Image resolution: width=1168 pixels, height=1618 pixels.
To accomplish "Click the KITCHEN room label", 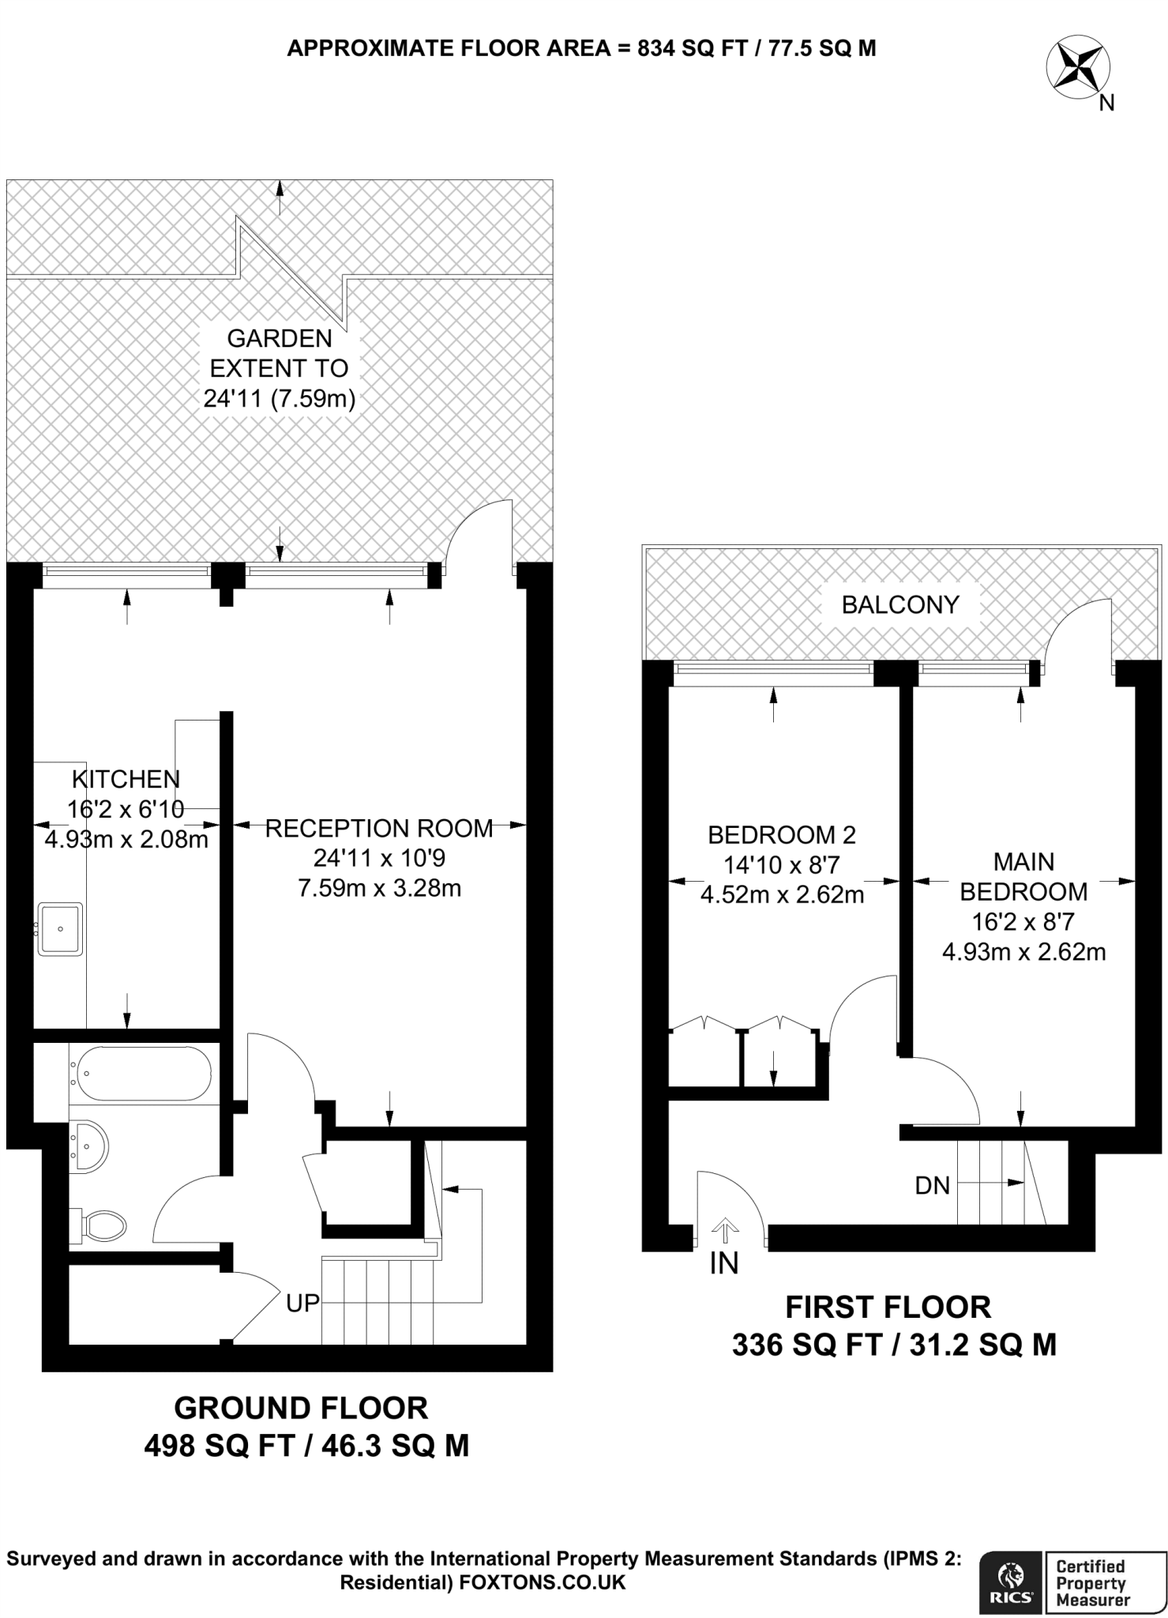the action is pyautogui.click(x=126, y=779).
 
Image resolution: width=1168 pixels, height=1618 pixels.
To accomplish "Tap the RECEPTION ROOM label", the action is pyautogui.click(x=379, y=828).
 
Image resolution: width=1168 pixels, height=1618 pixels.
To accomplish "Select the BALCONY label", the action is pyautogui.click(x=900, y=604).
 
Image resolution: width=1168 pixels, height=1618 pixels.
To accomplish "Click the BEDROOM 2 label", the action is pyautogui.click(x=782, y=834).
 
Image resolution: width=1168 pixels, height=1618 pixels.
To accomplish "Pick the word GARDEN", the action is pyautogui.click(x=280, y=338).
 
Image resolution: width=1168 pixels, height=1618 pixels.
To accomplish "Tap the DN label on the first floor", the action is pyautogui.click(x=932, y=1185).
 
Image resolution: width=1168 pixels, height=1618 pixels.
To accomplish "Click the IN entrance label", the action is pyautogui.click(x=724, y=1265).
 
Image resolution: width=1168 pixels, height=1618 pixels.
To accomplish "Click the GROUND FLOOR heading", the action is pyautogui.click(x=301, y=1408).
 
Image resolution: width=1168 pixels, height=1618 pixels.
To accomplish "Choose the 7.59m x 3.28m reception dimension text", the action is pyautogui.click(x=379, y=888).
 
